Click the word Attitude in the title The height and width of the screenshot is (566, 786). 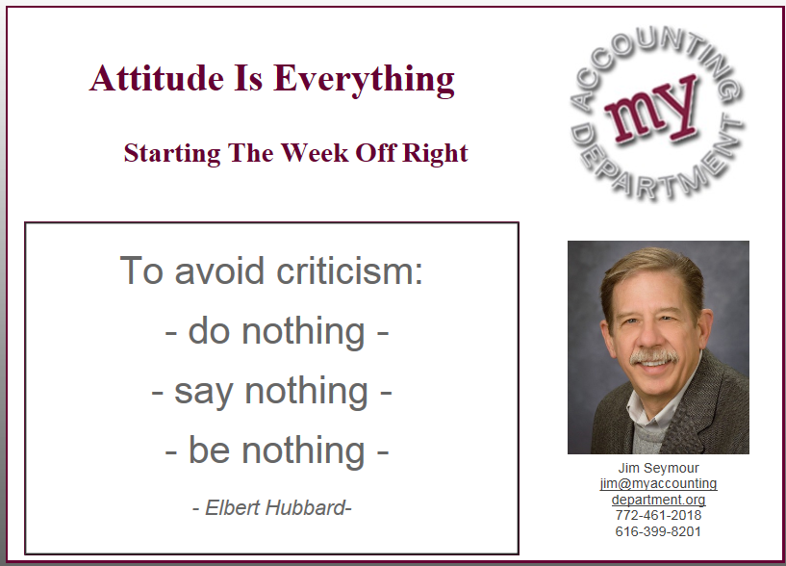tap(157, 78)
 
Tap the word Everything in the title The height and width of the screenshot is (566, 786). tap(364, 80)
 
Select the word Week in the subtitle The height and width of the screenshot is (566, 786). tap(314, 152)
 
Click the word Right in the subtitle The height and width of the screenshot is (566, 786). tap(435, 154)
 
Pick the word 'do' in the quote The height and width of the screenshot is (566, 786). tap(209, 331)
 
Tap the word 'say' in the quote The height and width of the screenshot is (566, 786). tap(204, 393)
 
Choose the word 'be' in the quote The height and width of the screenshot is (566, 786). tap(209, 450)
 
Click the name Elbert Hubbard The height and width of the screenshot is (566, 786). tap(275, 508)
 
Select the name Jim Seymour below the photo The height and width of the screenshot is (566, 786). tap(658, 468)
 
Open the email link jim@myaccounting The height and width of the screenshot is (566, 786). tap(658, 484)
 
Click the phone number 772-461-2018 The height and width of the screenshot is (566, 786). tap(658, 515)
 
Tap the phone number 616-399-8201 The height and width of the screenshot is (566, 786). tap(658, 531)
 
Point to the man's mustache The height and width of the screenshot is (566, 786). tap(654, 357)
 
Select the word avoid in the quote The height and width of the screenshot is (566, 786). tap(219, 270)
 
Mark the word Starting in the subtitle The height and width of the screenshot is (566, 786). tap(172, 154)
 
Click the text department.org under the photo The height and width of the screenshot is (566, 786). tap(658, 500)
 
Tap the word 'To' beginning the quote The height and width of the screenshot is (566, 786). tap(141, 270)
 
